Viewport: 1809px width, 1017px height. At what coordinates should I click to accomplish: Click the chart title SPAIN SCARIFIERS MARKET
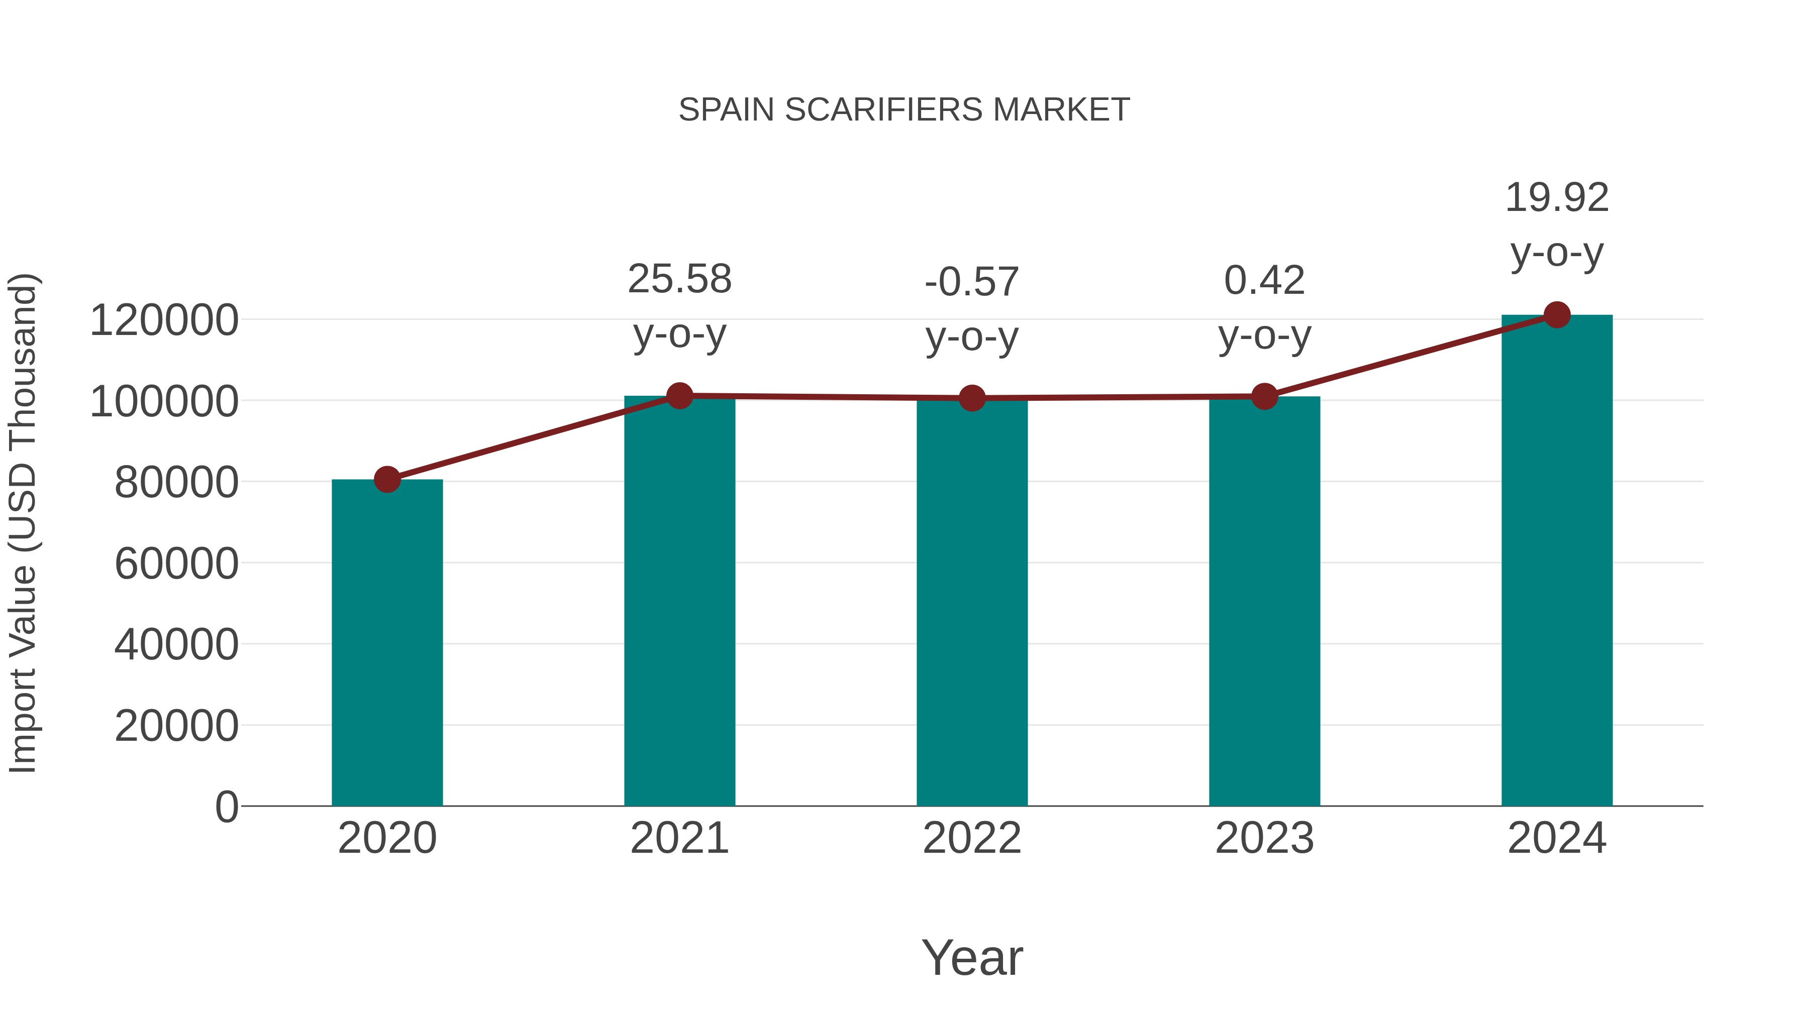(904, 110)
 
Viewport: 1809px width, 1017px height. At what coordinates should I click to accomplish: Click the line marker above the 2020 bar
(387, 480)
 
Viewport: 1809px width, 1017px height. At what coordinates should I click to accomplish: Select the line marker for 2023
(1264, 397)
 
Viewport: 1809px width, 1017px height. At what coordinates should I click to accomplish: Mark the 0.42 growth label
(1264, 281)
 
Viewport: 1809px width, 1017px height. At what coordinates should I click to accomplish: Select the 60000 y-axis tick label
(176, 563)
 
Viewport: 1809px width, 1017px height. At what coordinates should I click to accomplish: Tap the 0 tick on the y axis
(227, 807)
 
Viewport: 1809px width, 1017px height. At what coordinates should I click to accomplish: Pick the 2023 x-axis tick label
(1264, 838)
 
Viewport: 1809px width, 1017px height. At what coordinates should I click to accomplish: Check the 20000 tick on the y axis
(176, 726)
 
